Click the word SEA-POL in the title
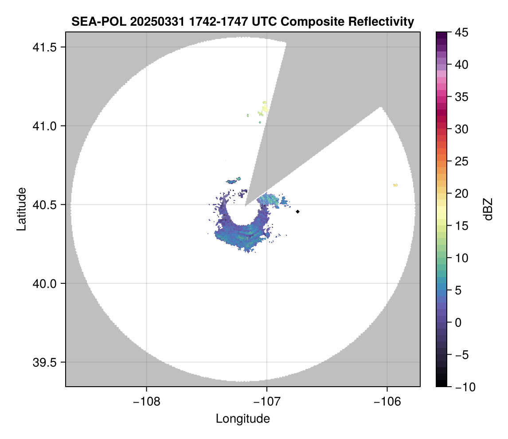coord(90,21)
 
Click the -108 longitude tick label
coord(146,402)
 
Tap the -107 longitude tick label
coord(267,402)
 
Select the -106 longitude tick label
coord(387,402)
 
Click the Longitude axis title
coord(243,419)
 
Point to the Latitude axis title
coord(21,209)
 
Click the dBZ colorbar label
coord(488,209)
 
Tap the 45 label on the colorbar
coord(462,32)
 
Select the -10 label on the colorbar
coord(464,387)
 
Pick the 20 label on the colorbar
coord(462,194)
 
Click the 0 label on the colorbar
coord(459,322)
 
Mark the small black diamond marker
coord(298,212)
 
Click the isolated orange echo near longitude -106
coord(395,185)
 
